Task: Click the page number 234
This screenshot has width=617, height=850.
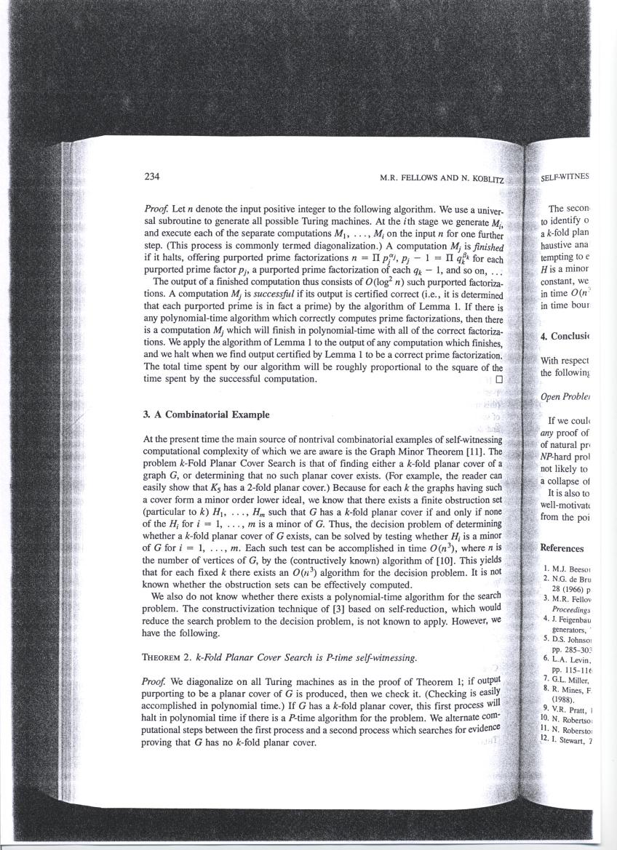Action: (152, 177)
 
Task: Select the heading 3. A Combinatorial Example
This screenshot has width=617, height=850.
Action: (207, 414)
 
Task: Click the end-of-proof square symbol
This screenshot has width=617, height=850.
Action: (498, 379)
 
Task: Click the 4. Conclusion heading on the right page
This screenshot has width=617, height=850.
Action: (568, 336)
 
